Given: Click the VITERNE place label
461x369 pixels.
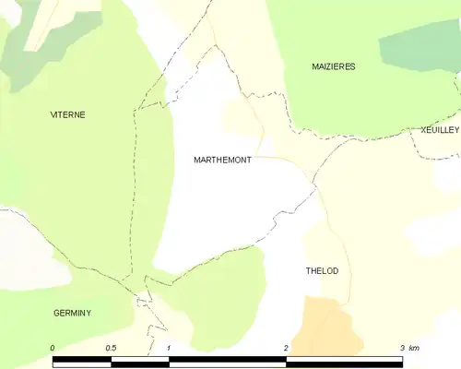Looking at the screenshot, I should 67,114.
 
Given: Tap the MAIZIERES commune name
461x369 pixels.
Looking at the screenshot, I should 333,66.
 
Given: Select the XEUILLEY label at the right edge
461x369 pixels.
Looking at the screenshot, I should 439,130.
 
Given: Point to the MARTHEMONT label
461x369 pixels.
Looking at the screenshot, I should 222,160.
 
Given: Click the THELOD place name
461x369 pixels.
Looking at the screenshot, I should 322,270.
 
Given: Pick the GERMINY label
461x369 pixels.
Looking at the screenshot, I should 71,313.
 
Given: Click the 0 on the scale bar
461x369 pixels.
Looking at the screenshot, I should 53,347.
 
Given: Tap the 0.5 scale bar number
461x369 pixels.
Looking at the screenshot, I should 111,347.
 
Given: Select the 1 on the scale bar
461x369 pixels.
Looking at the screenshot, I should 170,347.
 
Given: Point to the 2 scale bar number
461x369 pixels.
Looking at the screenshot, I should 286,347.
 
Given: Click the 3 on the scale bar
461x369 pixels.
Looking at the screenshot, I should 402,347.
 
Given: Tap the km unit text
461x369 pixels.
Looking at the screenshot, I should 414,347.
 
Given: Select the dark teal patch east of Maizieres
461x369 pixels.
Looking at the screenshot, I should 420,46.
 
